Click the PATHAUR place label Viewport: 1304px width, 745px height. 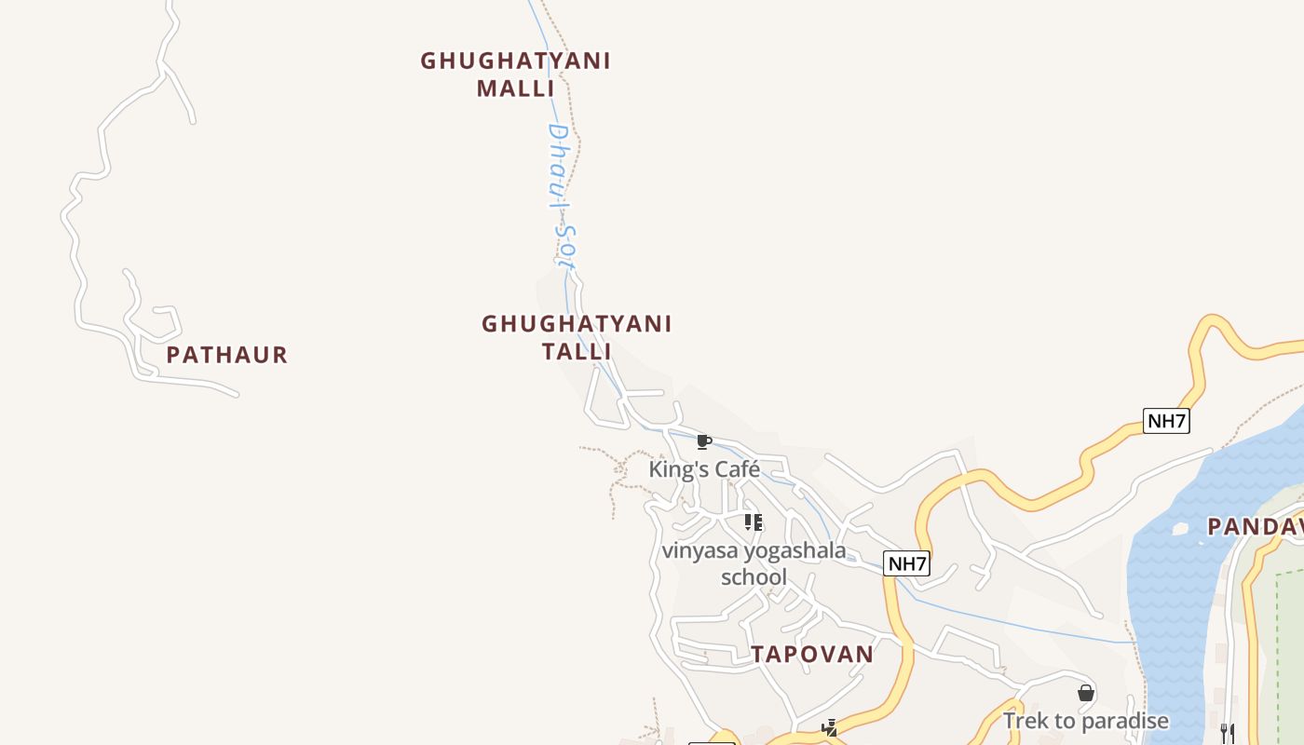[x=227, y=355]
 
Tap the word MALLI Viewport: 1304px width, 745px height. [x=515, y=88]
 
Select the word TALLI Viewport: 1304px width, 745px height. [x=577, y=351]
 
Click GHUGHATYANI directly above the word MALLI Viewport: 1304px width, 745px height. [x=515, y=61]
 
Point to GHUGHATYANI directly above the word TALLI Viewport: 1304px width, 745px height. [x=577, y=324]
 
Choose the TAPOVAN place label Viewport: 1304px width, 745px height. [x=812, y=655]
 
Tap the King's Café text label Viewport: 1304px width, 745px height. [x=704, y=469]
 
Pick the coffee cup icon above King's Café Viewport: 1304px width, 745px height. [x=704, y=441]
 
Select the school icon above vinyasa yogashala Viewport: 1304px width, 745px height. [x=754, y=522]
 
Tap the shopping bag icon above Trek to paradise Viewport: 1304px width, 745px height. [x=1085, y=693]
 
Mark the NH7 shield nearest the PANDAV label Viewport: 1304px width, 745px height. [x=1166, y=421]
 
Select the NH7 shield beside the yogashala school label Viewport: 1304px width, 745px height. [x=906, y=563]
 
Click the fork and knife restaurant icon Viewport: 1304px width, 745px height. [x=1228, y=734]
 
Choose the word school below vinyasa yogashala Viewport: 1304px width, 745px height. [x=754, y=577]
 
